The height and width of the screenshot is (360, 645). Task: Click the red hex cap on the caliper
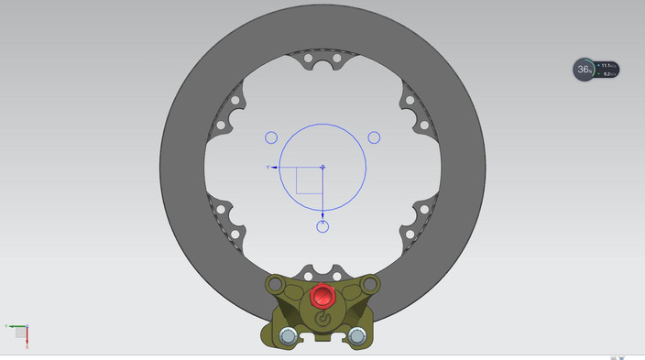[322, 297]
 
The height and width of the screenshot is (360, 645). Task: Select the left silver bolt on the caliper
[288, 336]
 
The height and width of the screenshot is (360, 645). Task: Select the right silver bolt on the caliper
[356, 336]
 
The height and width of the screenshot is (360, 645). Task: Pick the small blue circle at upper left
[271, 138]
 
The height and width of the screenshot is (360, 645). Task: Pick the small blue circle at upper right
[374, 137]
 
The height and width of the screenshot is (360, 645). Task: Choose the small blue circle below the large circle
[322, 226]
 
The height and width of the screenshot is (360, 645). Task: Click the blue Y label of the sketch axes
[268, 168]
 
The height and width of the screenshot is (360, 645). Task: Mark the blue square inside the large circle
[309, 180]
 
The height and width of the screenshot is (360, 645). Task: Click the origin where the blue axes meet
[322, 168]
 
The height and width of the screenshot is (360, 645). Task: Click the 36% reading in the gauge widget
[584, 70]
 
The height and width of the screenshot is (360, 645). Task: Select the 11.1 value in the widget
[607, 66]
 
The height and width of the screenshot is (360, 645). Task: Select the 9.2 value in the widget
[607, 74]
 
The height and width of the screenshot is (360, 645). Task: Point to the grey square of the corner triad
[21, 333]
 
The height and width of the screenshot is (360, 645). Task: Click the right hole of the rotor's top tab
[336, 58]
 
